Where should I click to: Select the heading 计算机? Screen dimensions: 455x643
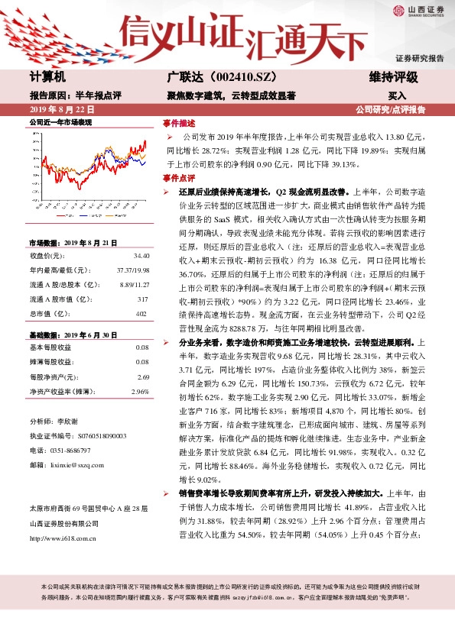pyautogui.click(x=47, y=78)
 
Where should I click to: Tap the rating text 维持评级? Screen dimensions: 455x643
pyautogui.click(x=395, y=78)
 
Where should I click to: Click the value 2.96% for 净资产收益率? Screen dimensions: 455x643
pyautogui.click(x=140, y=391)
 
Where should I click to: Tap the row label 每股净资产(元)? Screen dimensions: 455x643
pyautogui.click(x=54, y=377)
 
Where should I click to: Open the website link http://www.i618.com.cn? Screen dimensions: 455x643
pyautogui.click(x=63, y=539)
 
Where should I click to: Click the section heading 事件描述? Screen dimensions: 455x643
pyautogui.click(x=180, y=122)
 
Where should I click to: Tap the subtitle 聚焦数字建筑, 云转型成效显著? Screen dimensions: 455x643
pyautogui.click(x=231, y=95)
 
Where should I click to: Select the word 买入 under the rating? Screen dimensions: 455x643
pyautogui.click(x=397, y=96)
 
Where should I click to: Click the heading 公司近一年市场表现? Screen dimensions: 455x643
pyautogui.click(x=60, y=122)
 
